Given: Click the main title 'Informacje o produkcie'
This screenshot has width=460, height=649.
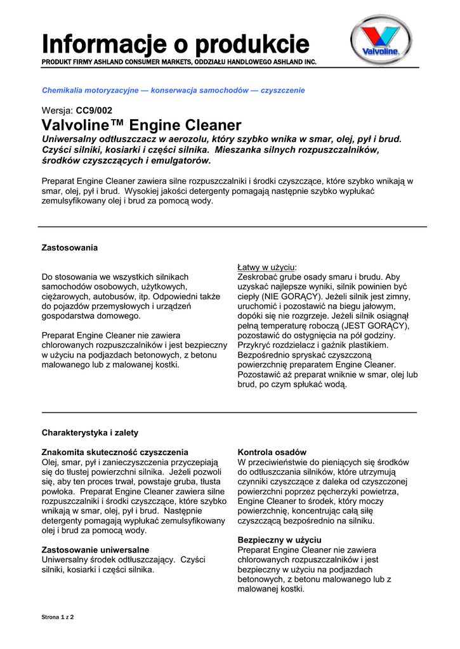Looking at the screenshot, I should (x=176, y=44).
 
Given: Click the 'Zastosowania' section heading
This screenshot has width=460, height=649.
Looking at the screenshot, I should (x=70, y=247).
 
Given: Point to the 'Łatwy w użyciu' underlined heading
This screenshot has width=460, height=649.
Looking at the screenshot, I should (x=266, y=267).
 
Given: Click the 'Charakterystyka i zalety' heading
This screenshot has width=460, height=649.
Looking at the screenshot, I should (x=90, y=433).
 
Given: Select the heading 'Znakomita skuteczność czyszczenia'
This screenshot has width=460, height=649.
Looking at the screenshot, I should (x=115, y=453).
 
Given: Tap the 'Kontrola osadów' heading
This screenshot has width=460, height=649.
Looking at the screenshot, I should (x=272, y=453).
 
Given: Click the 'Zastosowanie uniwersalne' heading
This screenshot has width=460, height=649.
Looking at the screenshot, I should (x=95, y=549).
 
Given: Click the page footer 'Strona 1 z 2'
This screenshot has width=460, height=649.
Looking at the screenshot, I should (x=58, y=617).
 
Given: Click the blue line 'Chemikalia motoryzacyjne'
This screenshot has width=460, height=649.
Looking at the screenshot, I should (x=173, y=91).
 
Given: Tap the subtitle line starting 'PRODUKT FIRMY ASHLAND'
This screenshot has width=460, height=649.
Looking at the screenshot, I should (x=179, y=62).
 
